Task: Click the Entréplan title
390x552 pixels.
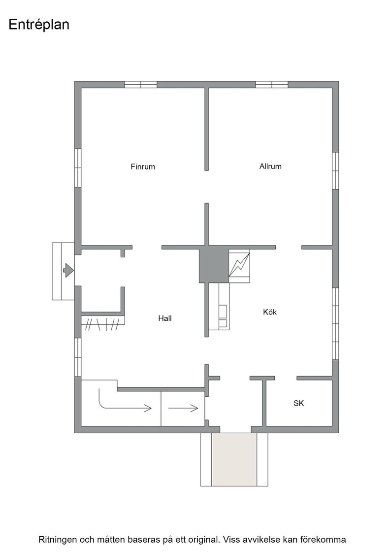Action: pos(39,24)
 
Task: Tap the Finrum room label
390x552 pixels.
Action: pos(143,167)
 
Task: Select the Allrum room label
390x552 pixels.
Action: pos(270,166)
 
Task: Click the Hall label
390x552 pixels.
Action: pos(165,318)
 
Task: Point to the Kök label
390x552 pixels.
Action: pos(270,312)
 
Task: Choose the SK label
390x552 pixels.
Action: pos(298,403)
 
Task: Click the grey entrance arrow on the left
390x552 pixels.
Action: pos(68,271)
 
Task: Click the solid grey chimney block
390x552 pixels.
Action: pos(214,264)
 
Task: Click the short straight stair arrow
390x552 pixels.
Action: pos(183,409)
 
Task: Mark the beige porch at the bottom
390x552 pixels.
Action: pos(234,459)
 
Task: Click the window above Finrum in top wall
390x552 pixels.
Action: pos(141,84)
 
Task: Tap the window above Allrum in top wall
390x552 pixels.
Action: pos(271,84)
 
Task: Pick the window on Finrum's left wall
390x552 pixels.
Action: pos(78,168)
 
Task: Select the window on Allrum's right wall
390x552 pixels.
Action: pos(335,171)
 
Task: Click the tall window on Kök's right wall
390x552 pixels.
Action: pos(335,324)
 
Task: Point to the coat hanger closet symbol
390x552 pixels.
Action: pos(103,324)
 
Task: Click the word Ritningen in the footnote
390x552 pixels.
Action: pos(58,540)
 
